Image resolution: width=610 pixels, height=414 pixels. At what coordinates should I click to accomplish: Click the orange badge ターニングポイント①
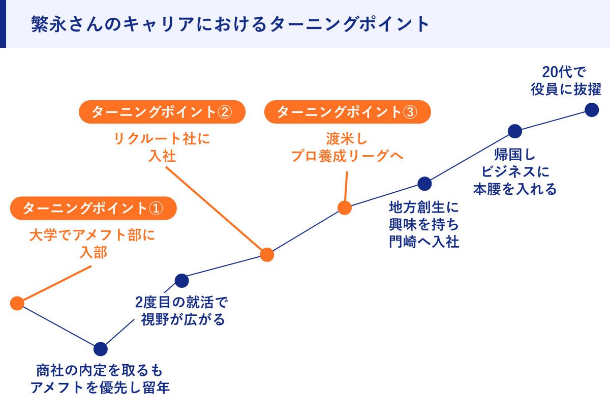(x=93, y=209)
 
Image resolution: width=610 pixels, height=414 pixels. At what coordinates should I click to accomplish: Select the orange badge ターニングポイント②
(x=162, y=112)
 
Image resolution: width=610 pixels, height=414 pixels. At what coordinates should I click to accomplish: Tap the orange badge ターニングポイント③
(x=347, y=112)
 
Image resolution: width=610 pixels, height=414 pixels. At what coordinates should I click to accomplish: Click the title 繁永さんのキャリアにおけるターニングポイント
(x=230, y=24)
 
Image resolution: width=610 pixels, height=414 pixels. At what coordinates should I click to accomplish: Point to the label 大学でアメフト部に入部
(x=92, y=244)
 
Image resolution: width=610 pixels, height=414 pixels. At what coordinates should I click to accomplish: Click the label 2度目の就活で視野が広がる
(x=181, y=311)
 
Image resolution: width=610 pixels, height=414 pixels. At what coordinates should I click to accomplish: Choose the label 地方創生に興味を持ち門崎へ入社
(x=424, y=224)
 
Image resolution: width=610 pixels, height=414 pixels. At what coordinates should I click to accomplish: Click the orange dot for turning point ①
(x=17, y=303)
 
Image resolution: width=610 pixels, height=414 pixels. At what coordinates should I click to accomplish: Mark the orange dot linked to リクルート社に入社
(x=267, y=254)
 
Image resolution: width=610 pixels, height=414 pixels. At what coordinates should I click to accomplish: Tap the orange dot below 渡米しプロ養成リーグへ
(x=345, y=208)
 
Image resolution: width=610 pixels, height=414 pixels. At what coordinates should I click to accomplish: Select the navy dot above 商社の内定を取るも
(x=101, y=349)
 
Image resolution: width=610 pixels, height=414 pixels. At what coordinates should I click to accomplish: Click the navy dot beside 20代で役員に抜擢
(x=592, y=110)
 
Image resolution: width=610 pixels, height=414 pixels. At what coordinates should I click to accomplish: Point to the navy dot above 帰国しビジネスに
(x=515, y=131)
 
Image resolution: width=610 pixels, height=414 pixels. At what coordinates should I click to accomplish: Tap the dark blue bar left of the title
(x=3, y=24)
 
